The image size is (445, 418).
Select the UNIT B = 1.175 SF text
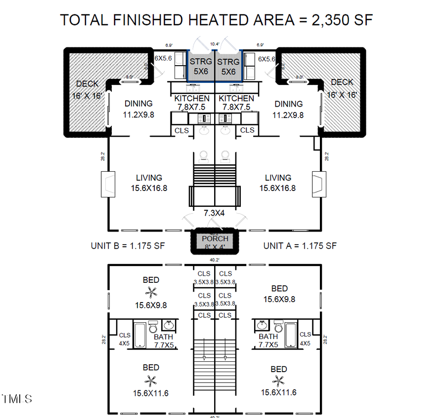pos(128,246)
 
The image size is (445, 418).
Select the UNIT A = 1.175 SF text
pos(300,246)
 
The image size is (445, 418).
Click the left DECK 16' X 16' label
pos(87,90)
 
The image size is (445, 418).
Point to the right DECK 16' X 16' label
pos(342,88)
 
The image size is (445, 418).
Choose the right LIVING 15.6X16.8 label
pos(278,183)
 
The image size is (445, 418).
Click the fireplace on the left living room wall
pos(108,184)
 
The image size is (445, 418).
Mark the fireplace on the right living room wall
pos(319,184)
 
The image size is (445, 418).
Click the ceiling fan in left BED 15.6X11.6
pos(151,380)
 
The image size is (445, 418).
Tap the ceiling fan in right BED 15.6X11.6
pos(279,381)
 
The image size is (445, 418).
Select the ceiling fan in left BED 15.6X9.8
pos(151,293)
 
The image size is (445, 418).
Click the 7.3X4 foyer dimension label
pos(215,213)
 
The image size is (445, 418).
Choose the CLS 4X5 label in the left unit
pos(125,339)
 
